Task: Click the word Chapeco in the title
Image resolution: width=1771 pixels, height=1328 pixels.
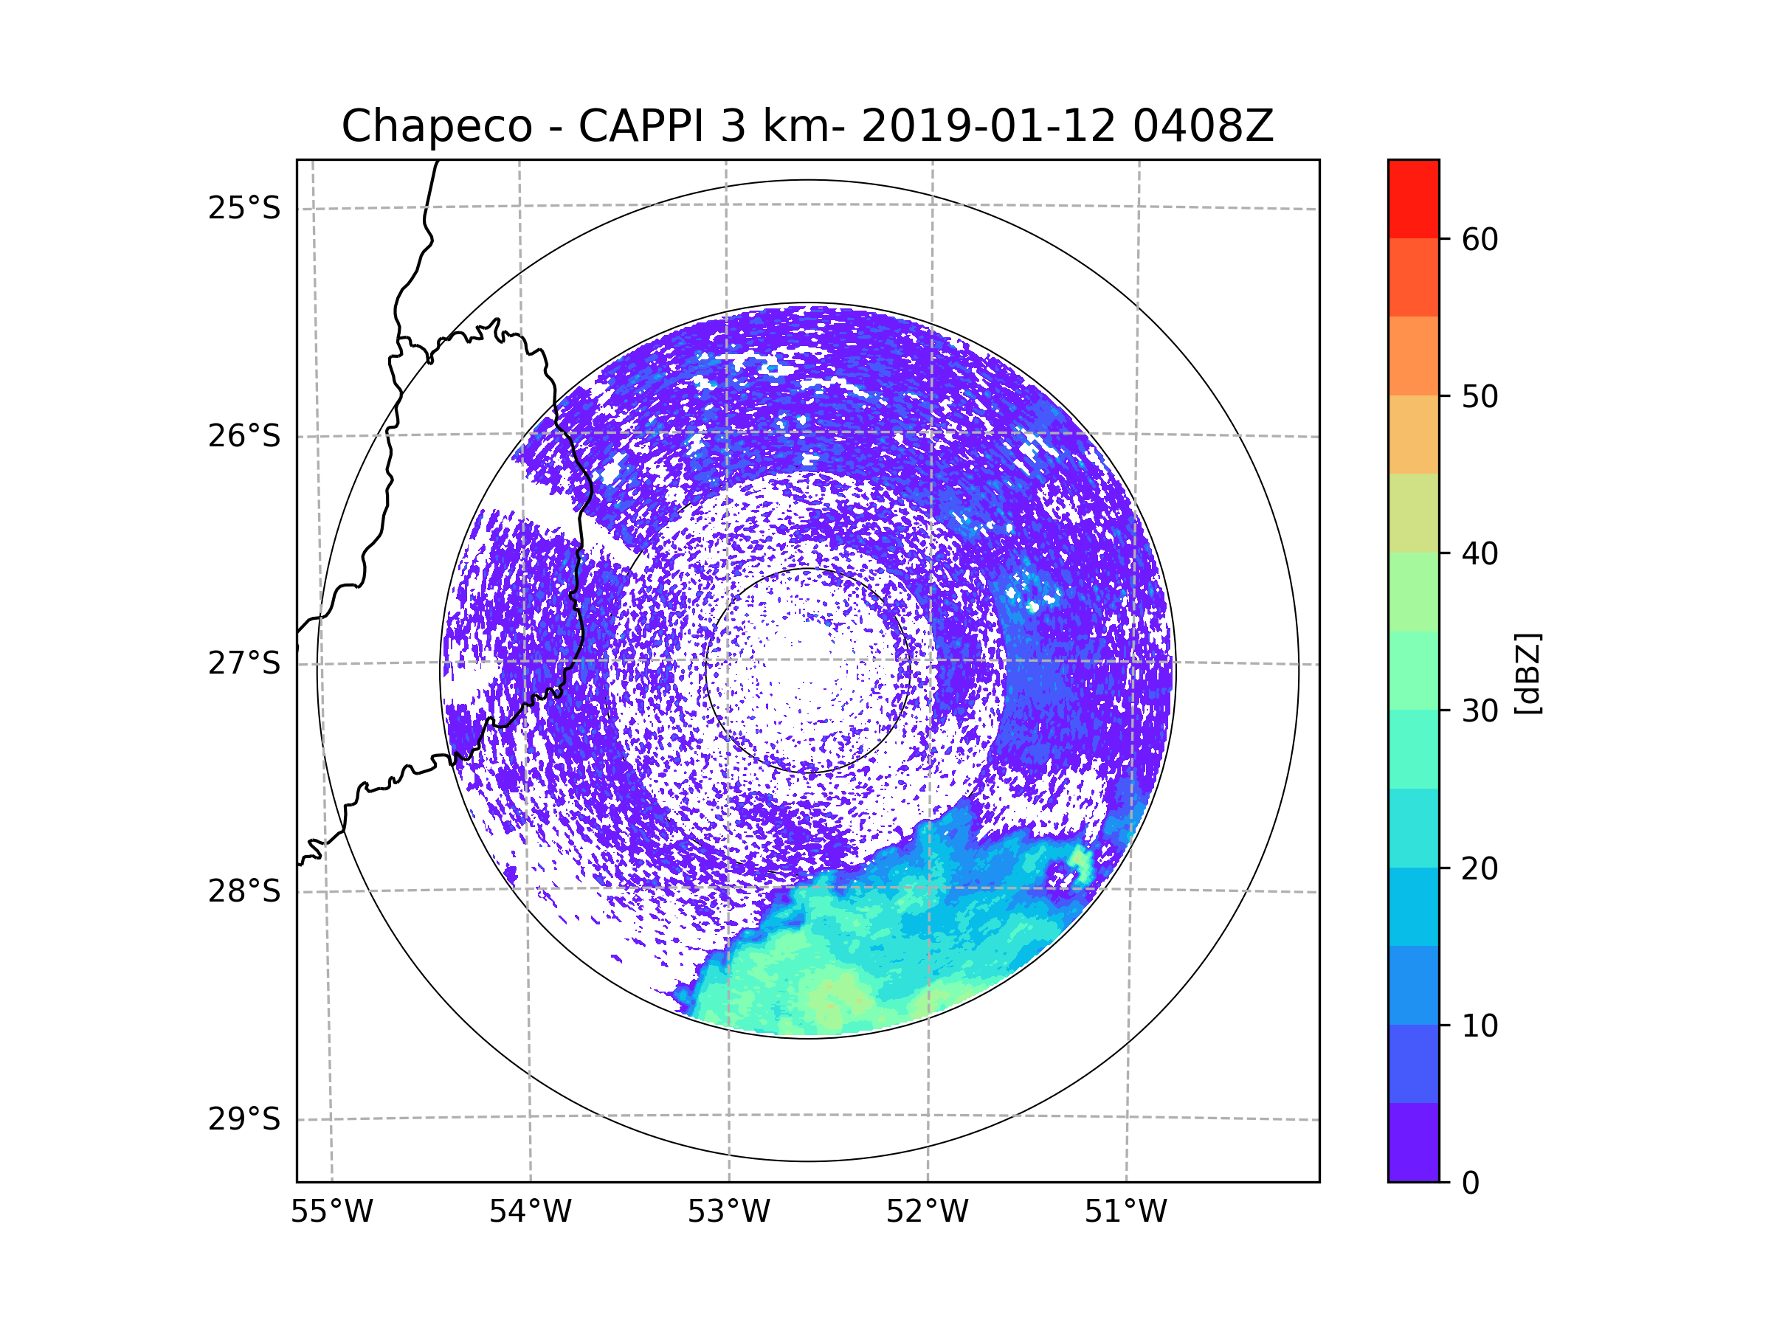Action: point(436,126)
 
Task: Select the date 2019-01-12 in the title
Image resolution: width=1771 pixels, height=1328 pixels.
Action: point(988,126)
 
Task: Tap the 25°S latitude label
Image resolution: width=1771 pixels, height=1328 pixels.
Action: point(244,208)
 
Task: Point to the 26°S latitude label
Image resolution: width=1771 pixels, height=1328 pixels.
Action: point(244,436)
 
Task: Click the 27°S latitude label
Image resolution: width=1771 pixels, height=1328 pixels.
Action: point(244,663)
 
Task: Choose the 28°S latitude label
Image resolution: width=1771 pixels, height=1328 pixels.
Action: point(244,891)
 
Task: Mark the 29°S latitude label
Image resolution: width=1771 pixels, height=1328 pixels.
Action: point(244,1119)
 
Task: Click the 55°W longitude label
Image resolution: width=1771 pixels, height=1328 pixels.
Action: point(331,1212)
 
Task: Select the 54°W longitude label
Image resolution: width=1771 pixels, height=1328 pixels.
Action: point(530,1212)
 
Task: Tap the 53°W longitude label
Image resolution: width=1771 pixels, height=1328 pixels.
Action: point(728,1212)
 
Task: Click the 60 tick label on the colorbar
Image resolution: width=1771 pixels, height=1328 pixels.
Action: point(1480,239)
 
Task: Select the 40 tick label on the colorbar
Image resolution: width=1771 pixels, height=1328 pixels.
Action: point(1480,553)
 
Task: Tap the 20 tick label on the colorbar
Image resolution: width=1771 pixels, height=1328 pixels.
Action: point(1480,868)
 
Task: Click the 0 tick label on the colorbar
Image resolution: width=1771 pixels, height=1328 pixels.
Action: point(1471,1183)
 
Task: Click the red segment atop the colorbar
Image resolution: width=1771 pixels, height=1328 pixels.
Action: point(1413,198)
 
